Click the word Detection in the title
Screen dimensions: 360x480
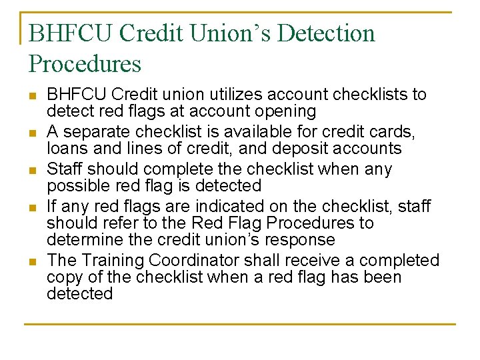326,33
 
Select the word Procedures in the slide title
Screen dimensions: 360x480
85,64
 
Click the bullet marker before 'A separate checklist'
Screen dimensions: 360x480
33,133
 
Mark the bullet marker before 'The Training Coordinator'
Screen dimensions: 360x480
33,261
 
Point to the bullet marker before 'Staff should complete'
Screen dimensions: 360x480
33,170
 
